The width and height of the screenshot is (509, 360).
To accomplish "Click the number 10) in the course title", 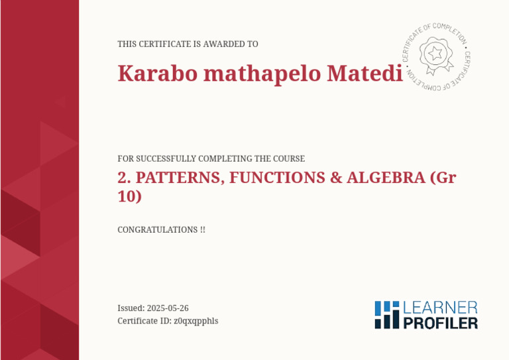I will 129,196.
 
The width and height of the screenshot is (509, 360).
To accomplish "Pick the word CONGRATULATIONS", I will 157,230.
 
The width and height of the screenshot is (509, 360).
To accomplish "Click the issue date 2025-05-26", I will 168,308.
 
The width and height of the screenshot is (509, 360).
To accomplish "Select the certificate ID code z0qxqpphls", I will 196,321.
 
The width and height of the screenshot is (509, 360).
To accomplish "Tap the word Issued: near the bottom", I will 131,308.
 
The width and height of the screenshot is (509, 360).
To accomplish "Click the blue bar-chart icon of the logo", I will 387,315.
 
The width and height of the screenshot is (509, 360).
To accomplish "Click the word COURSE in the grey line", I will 290,159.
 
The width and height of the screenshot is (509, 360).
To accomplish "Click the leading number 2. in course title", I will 123,178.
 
